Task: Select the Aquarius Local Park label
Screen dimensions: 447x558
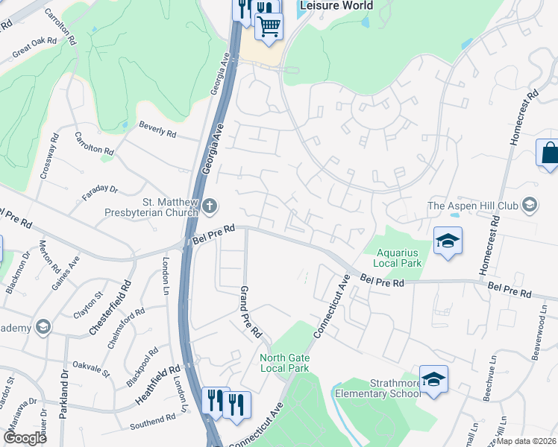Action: point(399,258)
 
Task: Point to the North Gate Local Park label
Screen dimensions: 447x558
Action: point(284,363)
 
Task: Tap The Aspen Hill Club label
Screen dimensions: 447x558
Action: point(474,206)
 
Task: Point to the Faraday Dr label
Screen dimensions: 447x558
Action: point(101,194)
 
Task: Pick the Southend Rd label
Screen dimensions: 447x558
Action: point(151,422)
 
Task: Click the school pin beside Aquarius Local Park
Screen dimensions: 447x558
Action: point(448,241)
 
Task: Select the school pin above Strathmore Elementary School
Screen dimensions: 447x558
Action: point(433,379)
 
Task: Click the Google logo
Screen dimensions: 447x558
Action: point(25,437)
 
